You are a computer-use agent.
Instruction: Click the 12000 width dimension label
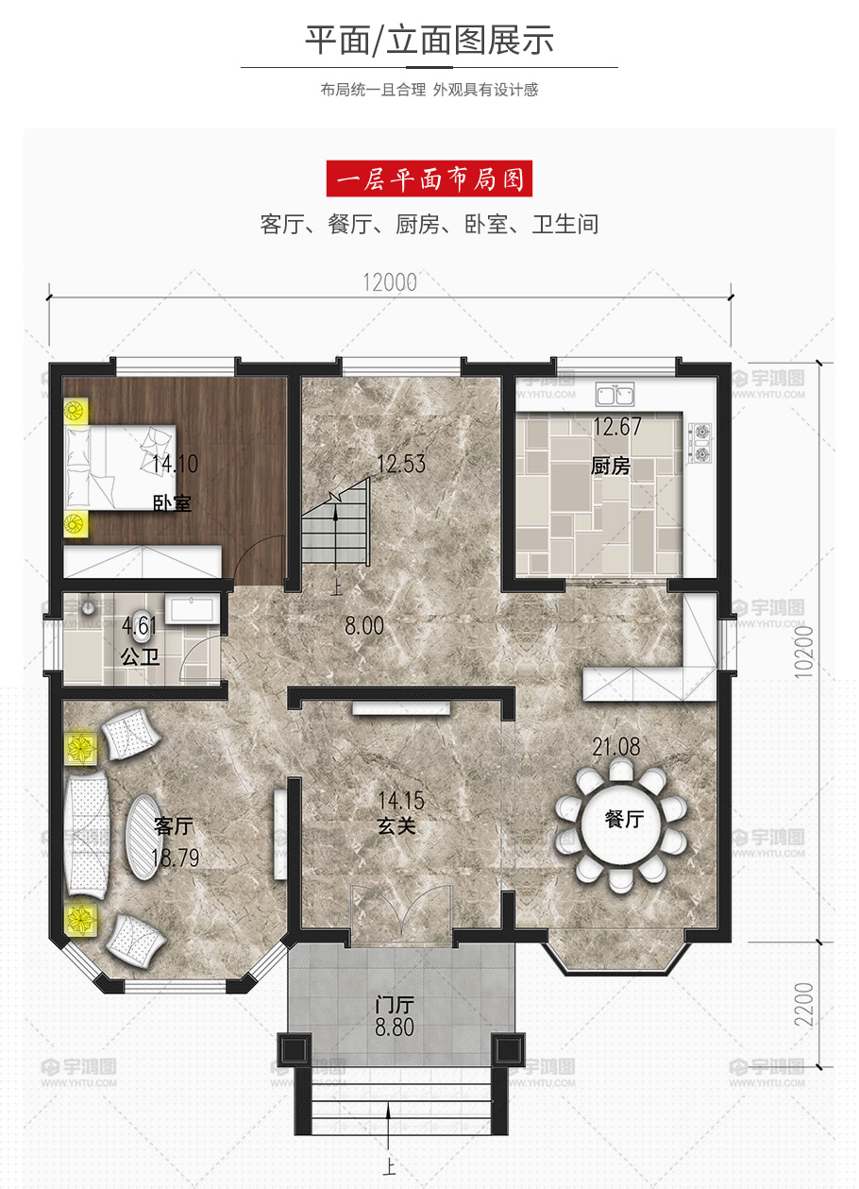(x=390, y=282)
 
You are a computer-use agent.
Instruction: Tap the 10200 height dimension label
(x=804, y=651)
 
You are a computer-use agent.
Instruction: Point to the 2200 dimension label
(x=804, y=1004)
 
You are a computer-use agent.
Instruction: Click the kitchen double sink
(x=615, y=395)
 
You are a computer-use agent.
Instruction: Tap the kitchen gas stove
(x=701, y=442)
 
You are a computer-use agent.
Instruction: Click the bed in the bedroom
(x=121, y=467)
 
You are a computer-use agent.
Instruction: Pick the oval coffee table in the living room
(x=143, y=838)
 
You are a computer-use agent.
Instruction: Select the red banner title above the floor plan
(x=429, y=178)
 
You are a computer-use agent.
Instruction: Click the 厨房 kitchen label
(x=611, y=467)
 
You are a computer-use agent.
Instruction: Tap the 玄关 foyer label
(x=396, y=826)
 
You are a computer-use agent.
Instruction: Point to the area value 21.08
(x=616, y=747)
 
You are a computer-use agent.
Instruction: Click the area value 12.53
(x=401, y=464)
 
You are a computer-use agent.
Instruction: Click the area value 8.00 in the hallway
(x=364, y=626)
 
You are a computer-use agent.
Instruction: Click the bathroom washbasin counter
(x=192, y=609)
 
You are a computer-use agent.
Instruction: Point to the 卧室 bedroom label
(x=172, y=503)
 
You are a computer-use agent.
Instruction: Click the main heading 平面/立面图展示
(x=429, y=40)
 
